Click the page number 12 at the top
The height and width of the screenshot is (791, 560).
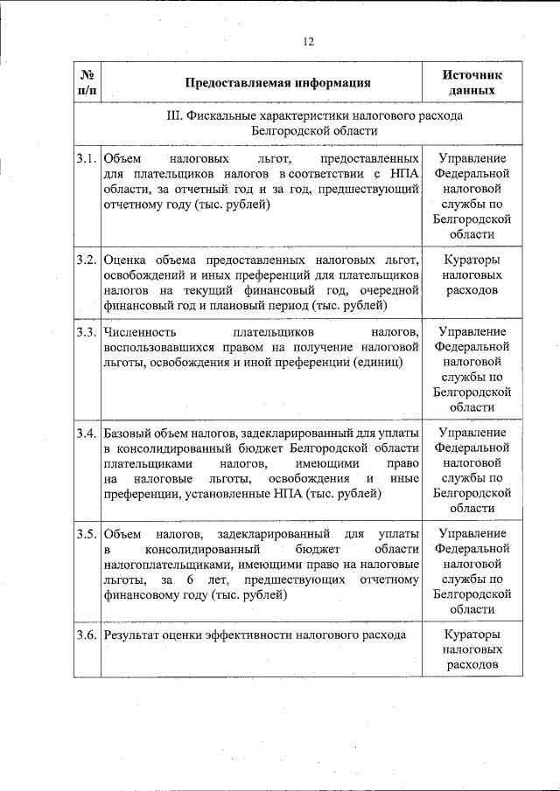point(309,41)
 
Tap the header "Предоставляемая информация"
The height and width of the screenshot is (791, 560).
point(277,83)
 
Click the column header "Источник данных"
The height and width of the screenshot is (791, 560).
point(472,82)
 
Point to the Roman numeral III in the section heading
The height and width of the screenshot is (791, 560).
point(172,115)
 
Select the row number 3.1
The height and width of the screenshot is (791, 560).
point(87,159)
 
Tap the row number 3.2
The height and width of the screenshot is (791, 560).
point(87,260)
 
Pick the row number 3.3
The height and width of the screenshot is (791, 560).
point(87,332)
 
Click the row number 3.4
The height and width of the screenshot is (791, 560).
point(87,433)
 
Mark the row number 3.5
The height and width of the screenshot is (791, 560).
point(87,533)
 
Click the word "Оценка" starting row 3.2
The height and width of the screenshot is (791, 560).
point(125,260)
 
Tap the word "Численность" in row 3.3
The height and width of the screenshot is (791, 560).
point(140,332)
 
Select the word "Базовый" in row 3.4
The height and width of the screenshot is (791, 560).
point(128,434)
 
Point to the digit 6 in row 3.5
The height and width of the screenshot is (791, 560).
point(189,580)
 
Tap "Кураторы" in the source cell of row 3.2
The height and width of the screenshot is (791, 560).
point(472,260)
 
